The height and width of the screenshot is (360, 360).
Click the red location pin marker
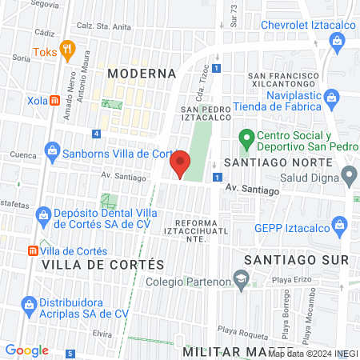(180, 163)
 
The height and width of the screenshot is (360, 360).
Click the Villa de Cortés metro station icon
(33, 250)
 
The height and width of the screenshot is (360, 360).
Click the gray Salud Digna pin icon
(349, 174)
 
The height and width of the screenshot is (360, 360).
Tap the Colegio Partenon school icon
(239, 279)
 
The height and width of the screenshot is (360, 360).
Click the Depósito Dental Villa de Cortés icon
(44, 214)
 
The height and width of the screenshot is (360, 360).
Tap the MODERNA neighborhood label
(141, 74)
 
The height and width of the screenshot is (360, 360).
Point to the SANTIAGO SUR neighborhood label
(296, 260)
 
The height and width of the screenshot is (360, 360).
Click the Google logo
(26, 350)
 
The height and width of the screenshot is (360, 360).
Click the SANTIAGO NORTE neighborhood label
(278, 162)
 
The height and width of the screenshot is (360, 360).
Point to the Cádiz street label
(45, 33)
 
